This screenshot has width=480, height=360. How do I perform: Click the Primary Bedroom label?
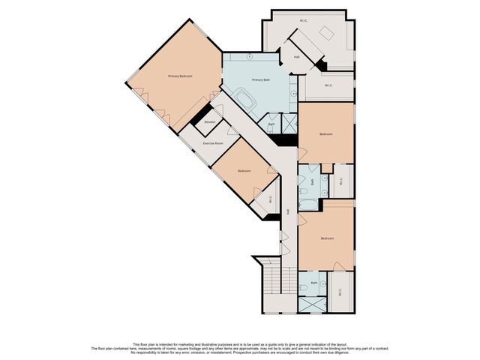(x=180, y=76)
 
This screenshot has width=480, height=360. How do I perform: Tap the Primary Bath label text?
(x=260, y=80)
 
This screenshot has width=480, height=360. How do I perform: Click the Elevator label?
(x=210, y=121)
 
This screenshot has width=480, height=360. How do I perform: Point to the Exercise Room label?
(x=213, y=142)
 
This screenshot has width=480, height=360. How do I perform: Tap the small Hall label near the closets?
(x=297, y=57)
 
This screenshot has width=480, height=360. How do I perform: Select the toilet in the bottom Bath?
(x=304, y=287)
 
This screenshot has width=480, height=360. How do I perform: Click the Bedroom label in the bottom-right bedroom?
(x=326, y=238)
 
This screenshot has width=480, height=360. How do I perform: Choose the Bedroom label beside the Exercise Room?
(x=244, y=171)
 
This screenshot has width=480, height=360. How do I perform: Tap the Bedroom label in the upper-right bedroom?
(x=325, y=134)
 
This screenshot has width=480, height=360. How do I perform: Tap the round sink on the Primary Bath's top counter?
(x=250, y=57)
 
